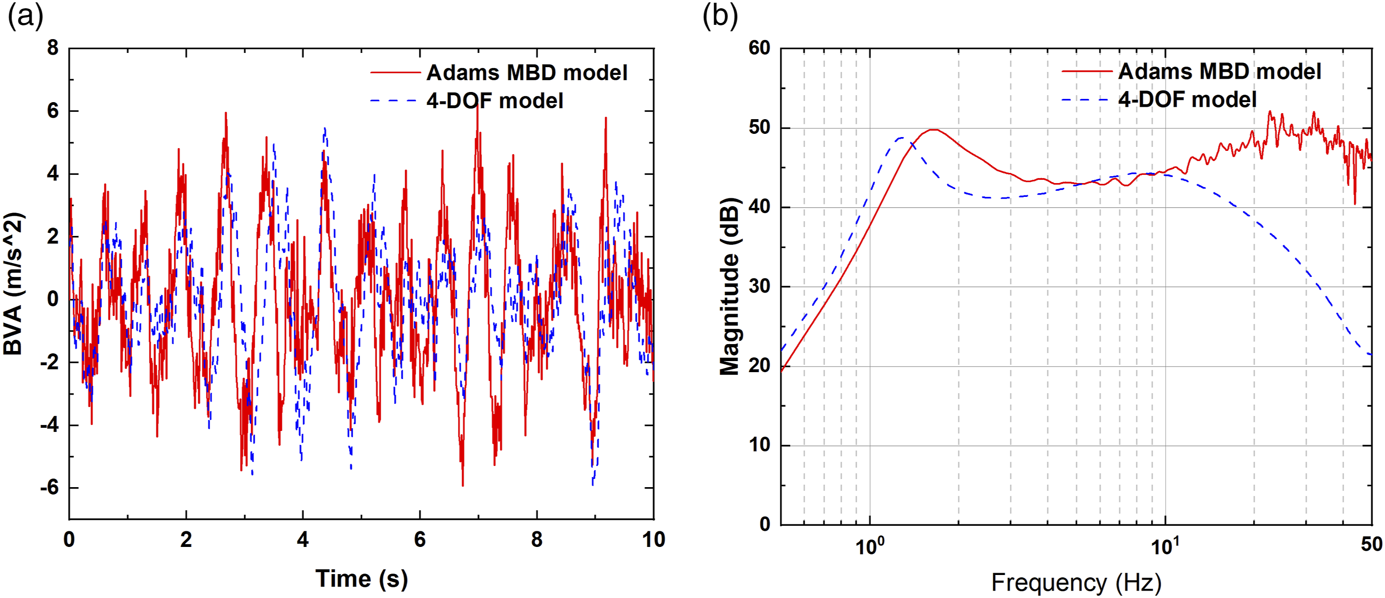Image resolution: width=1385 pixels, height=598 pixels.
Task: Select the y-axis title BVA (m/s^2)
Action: click(x=13, y=283)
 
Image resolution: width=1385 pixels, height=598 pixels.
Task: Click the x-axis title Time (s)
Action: click(x=361, y=579)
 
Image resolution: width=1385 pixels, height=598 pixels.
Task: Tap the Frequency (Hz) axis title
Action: click(x=1076, y=582)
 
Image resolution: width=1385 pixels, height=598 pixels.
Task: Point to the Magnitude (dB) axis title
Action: click(x=730, y=286)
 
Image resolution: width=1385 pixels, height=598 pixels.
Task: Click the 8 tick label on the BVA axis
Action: click(x=53, y=48)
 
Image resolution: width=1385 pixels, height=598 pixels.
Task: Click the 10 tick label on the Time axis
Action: click(x=653, y=540)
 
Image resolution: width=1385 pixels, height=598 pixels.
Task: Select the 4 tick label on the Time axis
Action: click(x=303, y=540)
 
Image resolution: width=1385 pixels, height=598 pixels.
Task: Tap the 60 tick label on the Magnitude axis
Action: click(x=760, y=48)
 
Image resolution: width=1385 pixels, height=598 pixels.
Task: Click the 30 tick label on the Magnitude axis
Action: click(x=760, y=286)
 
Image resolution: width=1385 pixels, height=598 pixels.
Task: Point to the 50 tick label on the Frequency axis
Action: click(x=1372, y=544)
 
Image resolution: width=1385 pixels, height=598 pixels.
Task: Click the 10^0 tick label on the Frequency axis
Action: click(x=870, y=545)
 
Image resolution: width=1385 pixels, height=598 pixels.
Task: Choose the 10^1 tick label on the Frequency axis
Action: click(x=1165, y=545)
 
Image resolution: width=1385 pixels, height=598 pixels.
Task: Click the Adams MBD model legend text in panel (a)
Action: click(x=527, y=73)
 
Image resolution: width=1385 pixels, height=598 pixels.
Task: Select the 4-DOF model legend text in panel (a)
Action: click(x=495, y=101)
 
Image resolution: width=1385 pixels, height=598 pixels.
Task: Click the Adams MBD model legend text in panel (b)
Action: click(x=1219, y=71)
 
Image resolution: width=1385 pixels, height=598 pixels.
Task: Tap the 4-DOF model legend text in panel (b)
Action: click(x=1187, y=99)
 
